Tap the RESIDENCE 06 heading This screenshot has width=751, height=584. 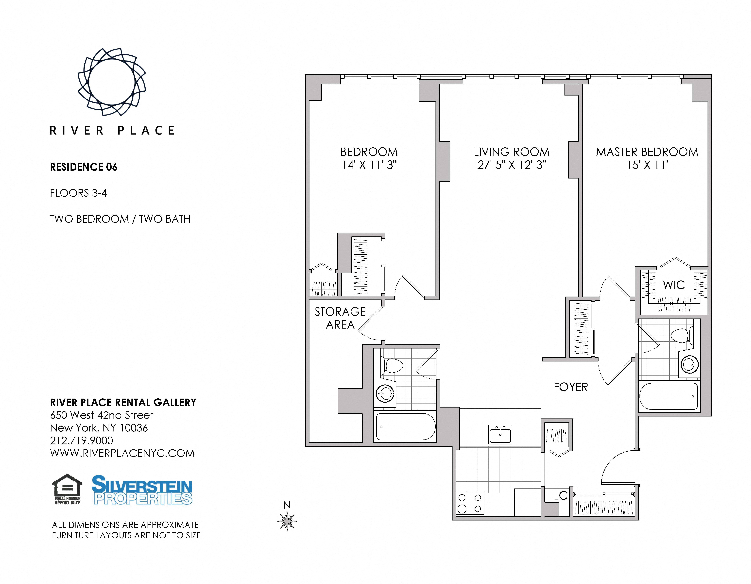point(84,167)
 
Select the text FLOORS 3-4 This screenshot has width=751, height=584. point(78,193)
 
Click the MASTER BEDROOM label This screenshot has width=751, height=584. point(647,152)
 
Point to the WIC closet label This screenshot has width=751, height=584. point(674,285)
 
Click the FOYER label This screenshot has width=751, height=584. point(571,387)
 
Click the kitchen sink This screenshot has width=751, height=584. point(500,434)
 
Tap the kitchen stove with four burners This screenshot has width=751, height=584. point(470,503)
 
